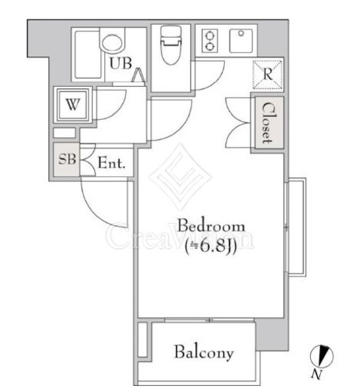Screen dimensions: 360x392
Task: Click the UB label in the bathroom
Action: (121, 63)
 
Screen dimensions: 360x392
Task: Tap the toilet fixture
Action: (171, 44)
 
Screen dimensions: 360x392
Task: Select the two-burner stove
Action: (210, 41)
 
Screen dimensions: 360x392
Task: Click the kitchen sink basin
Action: (241, 41)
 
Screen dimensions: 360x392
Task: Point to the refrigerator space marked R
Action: (267, 75)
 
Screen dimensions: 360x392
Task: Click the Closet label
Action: (267, 123)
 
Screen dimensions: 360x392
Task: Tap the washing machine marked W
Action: (72, 104)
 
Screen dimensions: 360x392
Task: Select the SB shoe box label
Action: (67, 159)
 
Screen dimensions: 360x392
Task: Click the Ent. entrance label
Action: (112, 163)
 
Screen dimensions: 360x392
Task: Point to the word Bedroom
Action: (211, 225)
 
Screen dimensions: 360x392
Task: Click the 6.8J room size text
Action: (211, 247)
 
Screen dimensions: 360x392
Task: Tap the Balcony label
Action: (204, 352)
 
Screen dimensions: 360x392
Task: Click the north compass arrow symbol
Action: (322, 357)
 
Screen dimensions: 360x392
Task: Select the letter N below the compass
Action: (316, 375)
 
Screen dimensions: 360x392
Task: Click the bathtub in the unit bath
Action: (88, 55)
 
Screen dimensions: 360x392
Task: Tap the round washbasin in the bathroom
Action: (112, 43)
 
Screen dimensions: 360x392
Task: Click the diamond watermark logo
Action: (180, 176)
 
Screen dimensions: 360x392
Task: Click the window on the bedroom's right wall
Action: (296, 227)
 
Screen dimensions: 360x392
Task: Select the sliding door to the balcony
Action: (209, 320)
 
